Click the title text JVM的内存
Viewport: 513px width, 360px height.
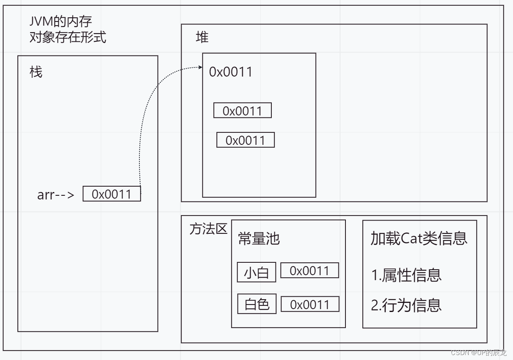(61, 21)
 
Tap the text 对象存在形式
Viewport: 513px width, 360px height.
(68, 37)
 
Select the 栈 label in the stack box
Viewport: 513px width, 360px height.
(36, 72)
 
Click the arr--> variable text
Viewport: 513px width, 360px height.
(56, 194)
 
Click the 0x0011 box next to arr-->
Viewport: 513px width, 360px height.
(112, 194)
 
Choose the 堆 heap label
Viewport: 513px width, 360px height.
(202, 38)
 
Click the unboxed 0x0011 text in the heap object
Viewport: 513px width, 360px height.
(230, 72)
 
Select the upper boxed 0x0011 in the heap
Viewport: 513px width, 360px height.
(242, 111)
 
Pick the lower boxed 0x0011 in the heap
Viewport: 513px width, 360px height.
(245, 140)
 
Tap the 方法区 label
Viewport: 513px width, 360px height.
(208, 229)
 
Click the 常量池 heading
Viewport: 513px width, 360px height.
(259, 239)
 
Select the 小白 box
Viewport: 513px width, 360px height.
(256, 273)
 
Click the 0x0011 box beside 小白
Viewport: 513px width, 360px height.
(309, 271)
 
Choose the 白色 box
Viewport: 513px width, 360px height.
(257, 304)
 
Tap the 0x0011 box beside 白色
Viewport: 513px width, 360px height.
(310, 305)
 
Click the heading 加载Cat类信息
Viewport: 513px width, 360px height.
(419, 238)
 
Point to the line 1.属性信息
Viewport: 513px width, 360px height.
(406, 275)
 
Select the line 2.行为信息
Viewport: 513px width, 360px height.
(406, 305)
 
